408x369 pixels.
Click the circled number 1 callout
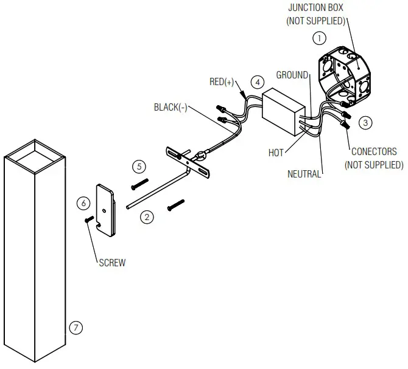[318, 38]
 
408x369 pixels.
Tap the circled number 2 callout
[146, 216]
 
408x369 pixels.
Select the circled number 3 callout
[365, 122]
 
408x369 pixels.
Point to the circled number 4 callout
[258, 81]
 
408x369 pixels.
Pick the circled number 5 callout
[139, 166]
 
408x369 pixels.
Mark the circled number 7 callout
[76, 328]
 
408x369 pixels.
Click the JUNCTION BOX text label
[316, 8]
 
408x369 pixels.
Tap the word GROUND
[292, 75]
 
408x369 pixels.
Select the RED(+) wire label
[222, 82]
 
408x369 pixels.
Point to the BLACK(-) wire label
[171, 108]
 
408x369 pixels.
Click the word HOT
[276, 153]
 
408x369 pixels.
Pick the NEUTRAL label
[304, 174]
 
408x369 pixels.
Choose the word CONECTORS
[374, 152]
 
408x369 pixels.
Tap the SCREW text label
[112, 263]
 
